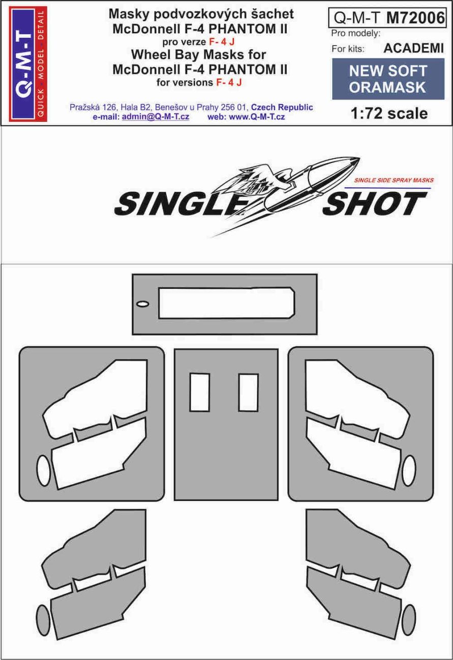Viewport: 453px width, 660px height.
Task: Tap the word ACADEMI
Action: (x=413, y=49)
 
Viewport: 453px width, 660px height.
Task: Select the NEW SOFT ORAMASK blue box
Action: (x=387, y=79)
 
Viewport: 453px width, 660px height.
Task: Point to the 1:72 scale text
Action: (x=389, y=113)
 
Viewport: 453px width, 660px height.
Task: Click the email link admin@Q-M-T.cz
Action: (x=155, y=117)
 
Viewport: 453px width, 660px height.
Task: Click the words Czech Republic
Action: (x=282, y=108)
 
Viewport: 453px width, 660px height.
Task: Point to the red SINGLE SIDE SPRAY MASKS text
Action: (x=393, y=181)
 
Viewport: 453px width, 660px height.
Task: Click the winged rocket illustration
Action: (x=285, y=188)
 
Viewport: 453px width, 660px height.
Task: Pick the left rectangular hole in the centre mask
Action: (x=199, y=392)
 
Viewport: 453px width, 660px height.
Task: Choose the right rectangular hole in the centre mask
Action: (x=248, y=392)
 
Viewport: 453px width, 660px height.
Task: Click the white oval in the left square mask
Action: (x=44, y=471)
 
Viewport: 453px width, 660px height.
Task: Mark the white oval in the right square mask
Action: (x=409, y=471)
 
